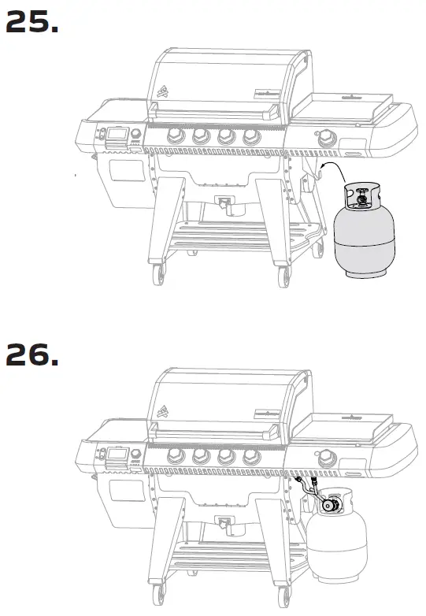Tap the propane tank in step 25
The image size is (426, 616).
click(361, 236)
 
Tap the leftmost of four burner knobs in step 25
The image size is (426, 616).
click(172, 137)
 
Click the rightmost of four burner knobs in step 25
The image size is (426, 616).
click(252, 137)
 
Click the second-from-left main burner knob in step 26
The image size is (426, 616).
click(199, 458)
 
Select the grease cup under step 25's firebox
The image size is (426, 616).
click(227, 206)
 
